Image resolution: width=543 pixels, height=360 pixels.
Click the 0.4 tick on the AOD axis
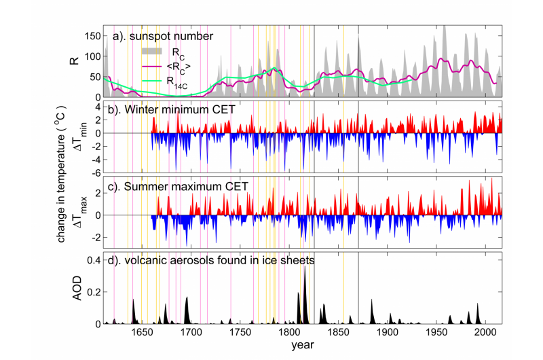pos(90,261)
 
